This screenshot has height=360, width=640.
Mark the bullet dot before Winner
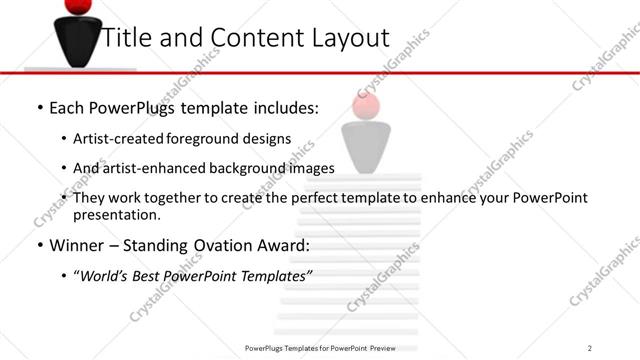tap(39, 245)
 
